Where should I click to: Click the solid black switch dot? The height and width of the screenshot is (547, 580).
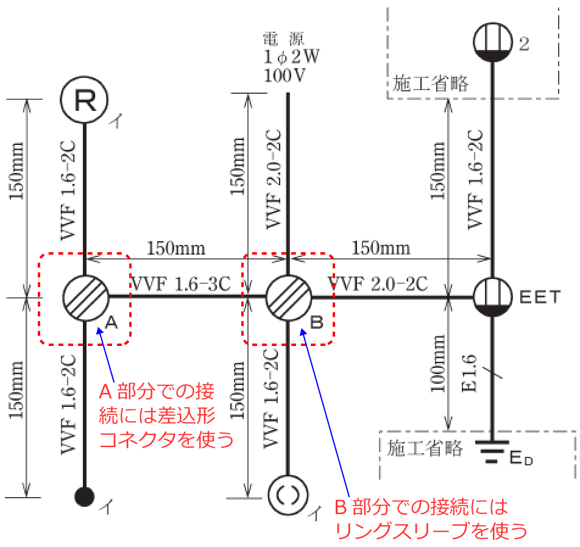[x=84, y=496]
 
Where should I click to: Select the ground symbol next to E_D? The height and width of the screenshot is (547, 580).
[x=492, y=451]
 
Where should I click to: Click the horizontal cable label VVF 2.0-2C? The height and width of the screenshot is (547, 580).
[x=378, y=284]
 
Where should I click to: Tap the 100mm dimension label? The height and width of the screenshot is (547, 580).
[x=437, y=364]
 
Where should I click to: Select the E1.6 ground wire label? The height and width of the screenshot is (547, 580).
[x=469, y=373]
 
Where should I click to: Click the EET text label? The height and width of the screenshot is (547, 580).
[x=540, y=297]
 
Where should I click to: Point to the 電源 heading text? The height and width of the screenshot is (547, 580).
[x=283, y=38]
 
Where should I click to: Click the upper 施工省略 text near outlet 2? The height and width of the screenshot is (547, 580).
[x=430, y=83]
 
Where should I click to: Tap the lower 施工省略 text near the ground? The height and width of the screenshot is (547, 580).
[x=425, y=448]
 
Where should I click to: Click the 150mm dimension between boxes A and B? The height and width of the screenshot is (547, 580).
[x=176, y=248]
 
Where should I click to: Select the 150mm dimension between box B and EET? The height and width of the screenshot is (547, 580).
[x=381, y=248]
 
